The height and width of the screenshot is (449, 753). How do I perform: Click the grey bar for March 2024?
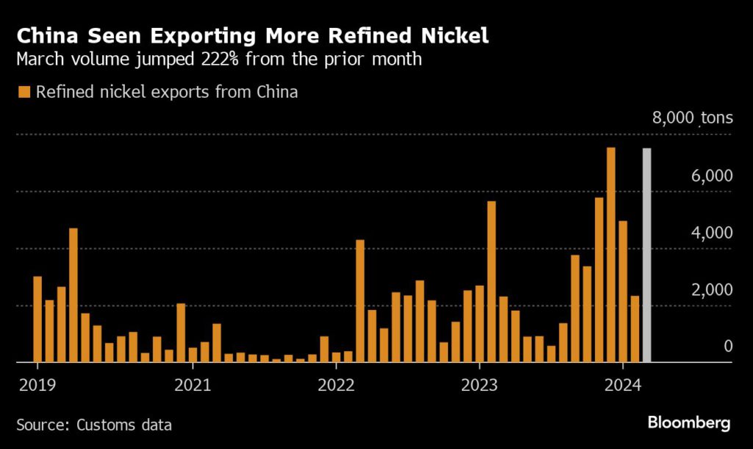point(647,255)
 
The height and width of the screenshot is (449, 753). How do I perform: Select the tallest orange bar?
point(611,255)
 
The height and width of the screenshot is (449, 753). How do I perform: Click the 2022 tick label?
point(335,384)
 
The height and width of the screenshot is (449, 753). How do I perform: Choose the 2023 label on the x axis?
point(479,384)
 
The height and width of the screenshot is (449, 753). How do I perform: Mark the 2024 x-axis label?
point(622,384)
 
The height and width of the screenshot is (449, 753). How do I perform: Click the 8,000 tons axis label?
point(692,119)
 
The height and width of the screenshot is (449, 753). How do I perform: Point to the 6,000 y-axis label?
point(712,176)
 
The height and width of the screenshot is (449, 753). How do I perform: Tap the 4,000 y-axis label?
point(712,233)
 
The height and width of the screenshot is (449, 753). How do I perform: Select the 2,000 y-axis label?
point(712,289)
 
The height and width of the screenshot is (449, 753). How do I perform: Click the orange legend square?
point(24,92)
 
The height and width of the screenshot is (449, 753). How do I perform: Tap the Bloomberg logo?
point(688,423)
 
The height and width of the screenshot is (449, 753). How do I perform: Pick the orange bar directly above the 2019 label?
point(37,319)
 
